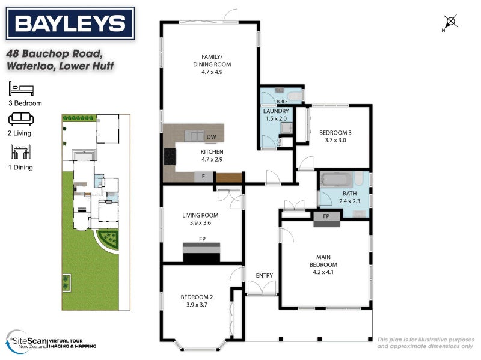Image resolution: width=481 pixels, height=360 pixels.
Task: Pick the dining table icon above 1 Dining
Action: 20,153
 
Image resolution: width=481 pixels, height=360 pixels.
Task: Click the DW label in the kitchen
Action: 211,137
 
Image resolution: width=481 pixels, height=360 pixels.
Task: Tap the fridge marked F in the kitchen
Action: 204,177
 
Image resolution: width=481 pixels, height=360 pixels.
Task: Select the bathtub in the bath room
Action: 337,180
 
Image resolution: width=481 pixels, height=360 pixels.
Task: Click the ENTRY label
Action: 264,276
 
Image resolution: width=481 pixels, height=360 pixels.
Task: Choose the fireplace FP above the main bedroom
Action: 326,217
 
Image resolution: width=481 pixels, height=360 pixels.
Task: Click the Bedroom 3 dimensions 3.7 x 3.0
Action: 335,141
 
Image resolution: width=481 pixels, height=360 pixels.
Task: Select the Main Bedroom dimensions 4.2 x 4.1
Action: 323,272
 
